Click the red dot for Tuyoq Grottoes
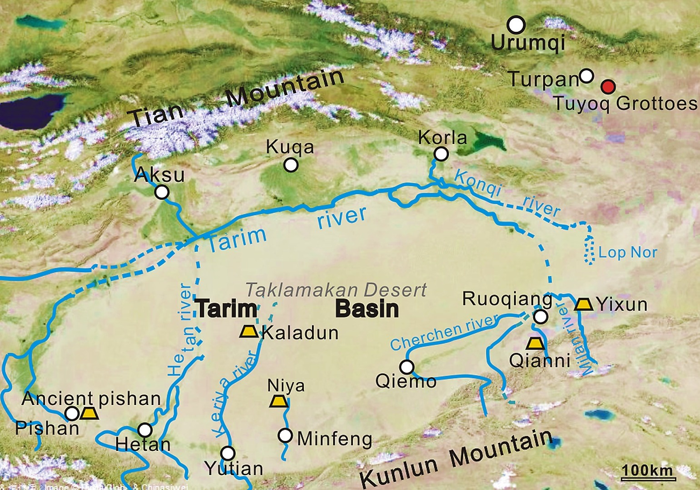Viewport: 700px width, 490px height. coord(608,86)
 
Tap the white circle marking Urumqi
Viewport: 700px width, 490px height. coord(516,25)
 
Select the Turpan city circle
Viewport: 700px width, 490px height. coord(587,75)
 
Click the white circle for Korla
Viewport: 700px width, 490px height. coord(441,154)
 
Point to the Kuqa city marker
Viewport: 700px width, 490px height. coord(291,165)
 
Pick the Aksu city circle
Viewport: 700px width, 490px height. coord(162,192)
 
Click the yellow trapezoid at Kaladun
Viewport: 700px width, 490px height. coord(249,331)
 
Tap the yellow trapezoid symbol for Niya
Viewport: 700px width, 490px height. coord(279,401)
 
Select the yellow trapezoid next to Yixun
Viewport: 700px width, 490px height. coord(583,304)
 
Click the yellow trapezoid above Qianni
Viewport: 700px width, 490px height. coord(535,343)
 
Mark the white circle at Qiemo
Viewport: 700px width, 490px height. coord(407,366)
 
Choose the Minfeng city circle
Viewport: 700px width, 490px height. coord(285,435)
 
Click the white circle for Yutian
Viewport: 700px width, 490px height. coord(228,453)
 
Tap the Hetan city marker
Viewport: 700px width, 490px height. coord(144,430)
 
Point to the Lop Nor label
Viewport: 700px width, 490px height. coord(627,253)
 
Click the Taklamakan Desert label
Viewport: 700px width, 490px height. coord(336,290)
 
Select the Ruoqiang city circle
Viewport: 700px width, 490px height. coord(540,317)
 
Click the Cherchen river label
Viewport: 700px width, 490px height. coord(444,332)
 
